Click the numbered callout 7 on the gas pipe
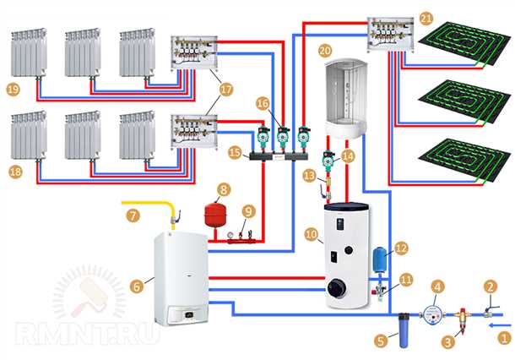coord(133,215)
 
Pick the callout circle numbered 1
coord(505,336)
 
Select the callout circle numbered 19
coord(12,88)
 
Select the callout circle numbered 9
coord(247,210)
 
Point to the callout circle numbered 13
coord(309,175)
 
